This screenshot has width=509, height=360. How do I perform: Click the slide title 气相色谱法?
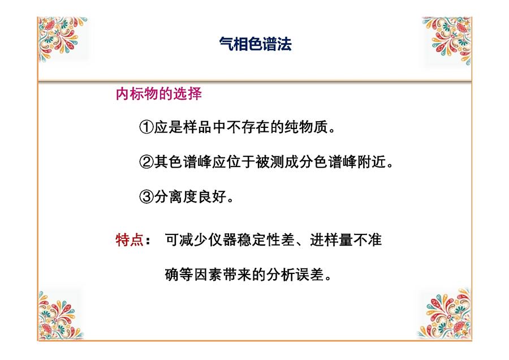(x=255, y=44)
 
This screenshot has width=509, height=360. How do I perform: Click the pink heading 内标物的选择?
(x=159, y=94)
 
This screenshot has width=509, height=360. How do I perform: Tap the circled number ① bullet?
(x=146, y=127)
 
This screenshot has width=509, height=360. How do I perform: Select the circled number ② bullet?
(x=146, y=162)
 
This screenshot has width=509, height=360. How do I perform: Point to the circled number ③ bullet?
(x=146, y=196)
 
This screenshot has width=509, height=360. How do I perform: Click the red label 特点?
(x=130, y=240)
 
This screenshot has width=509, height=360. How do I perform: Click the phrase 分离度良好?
(x=190, y=196)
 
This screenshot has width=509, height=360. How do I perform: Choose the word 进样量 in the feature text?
(x=331, y=240)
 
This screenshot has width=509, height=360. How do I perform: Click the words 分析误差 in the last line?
(x=295, y=275)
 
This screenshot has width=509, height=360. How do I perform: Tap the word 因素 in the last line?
(x=208, y=275)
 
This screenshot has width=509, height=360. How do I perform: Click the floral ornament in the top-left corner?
(x=62, y=38)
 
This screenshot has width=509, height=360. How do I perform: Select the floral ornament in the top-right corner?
(x=447, y=40)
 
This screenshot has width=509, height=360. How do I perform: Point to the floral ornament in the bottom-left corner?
(x=61, y=315)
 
